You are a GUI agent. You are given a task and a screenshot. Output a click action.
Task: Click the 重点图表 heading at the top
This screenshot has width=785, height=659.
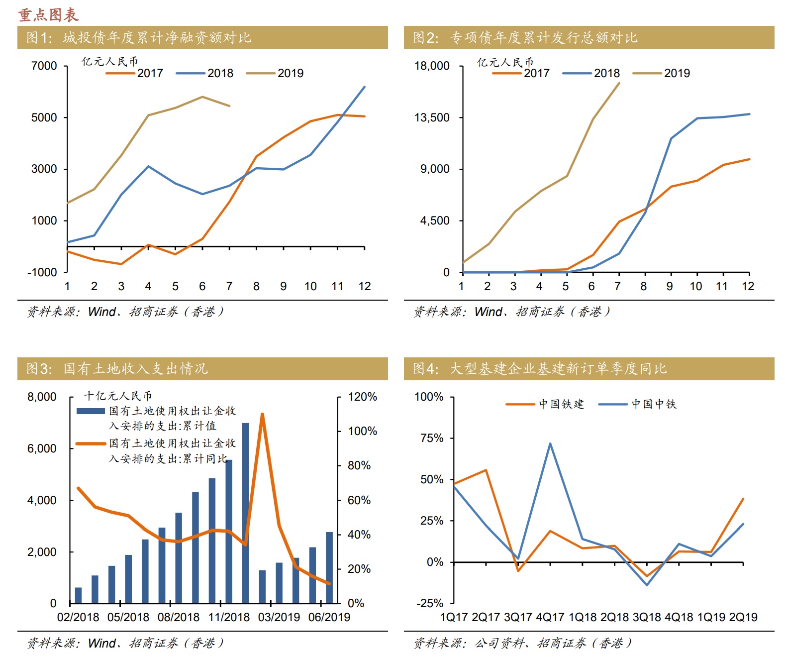coord(48,14)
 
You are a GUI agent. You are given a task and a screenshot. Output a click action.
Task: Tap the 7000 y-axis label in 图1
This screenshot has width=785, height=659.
coord(44,66)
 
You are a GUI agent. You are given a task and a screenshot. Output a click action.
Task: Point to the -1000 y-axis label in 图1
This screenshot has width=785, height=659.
coord(42,272)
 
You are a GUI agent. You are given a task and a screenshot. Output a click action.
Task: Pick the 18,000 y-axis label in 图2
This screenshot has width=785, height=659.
coord(432,66)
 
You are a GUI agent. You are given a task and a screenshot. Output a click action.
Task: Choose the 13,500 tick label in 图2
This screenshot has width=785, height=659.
coord(432,117)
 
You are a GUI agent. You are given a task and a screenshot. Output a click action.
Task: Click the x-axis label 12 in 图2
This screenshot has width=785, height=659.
coord(748,286)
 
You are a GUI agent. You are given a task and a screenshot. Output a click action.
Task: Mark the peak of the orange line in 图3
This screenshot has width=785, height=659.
coord(262,414)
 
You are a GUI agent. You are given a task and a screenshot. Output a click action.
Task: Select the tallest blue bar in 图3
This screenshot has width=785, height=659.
coord(246,513)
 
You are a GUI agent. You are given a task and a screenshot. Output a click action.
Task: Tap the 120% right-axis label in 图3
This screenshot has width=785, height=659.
coord(362,397)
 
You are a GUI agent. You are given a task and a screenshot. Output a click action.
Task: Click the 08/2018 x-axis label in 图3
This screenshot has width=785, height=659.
coord(179,617)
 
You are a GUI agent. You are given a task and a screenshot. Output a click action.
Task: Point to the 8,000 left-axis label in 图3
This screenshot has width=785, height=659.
coord(42,397)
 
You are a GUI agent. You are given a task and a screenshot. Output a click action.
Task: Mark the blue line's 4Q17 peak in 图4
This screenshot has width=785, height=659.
coord(550,443)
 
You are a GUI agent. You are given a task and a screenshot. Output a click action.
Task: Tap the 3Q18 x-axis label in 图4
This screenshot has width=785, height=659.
coord(647,617)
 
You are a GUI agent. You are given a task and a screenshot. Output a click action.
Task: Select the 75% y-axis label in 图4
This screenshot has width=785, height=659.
coord(432,438)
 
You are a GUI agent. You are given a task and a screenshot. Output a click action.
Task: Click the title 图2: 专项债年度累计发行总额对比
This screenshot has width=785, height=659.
coord(525,37)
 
